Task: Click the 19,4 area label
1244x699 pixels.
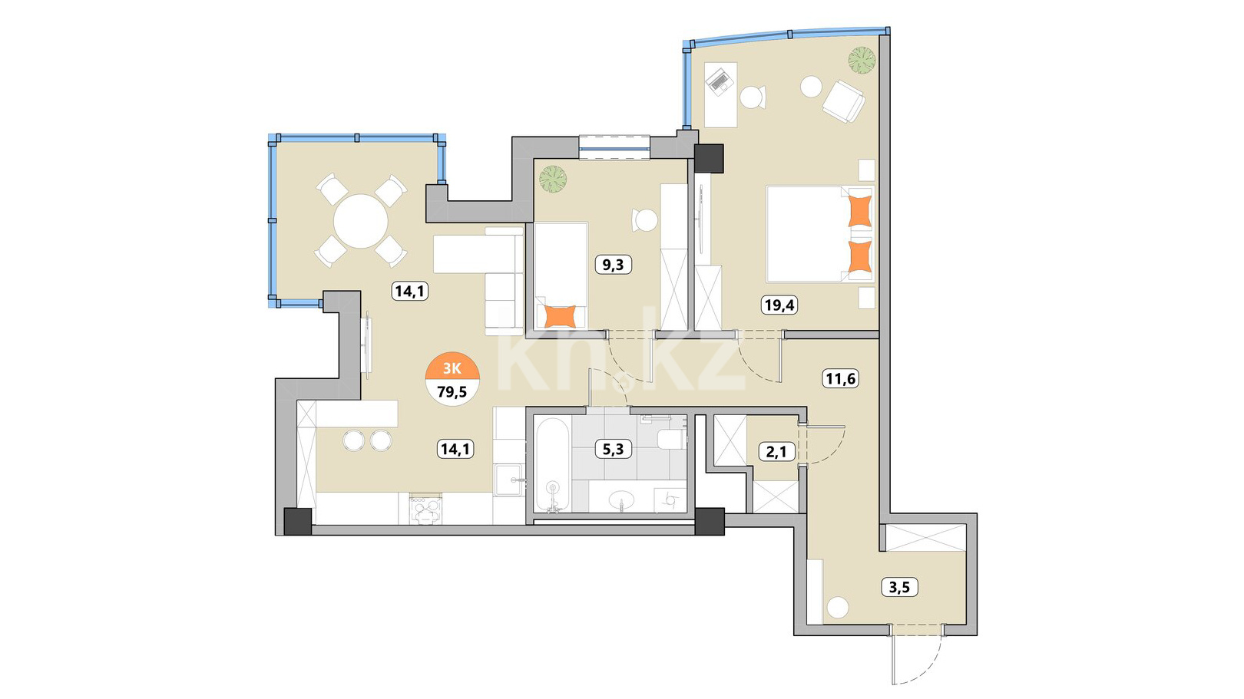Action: (780, 305)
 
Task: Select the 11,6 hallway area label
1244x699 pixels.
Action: (840, 379)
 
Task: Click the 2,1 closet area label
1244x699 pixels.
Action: (776, 452)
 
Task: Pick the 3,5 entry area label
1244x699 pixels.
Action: (900, 587)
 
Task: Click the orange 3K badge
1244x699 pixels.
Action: (452, 368)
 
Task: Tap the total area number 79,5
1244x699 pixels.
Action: (452, 392)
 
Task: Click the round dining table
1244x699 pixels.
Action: (360, 221)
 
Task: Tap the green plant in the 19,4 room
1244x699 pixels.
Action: (862, 59)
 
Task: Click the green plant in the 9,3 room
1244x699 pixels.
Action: (553, 180)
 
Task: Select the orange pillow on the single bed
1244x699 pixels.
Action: (561, 317)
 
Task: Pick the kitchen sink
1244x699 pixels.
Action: (508, 480)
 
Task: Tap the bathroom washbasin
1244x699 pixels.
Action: (621, 502)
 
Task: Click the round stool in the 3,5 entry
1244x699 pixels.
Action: (838, 608)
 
